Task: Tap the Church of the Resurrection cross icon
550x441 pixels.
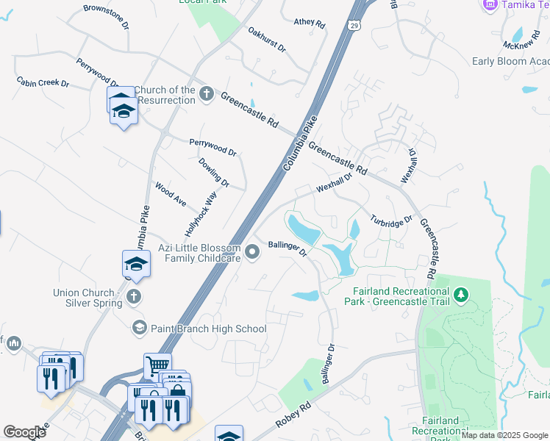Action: pos(207,94)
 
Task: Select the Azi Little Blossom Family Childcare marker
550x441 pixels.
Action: pos(253,252)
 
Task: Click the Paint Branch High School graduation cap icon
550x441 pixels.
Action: pos(138,327)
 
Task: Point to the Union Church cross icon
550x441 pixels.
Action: pos(133,296)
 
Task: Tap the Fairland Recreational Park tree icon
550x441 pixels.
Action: pos(461,295)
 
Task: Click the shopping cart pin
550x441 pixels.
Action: pos(157,365)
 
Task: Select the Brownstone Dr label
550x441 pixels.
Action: pos(106,15)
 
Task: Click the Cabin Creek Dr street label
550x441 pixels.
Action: pos(43,82)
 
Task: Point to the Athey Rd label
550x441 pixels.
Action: pos(309,24)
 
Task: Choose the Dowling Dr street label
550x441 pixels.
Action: pos(214,172)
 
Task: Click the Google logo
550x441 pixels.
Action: pos(24,432)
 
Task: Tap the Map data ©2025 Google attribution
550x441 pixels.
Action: pos(504,436)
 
